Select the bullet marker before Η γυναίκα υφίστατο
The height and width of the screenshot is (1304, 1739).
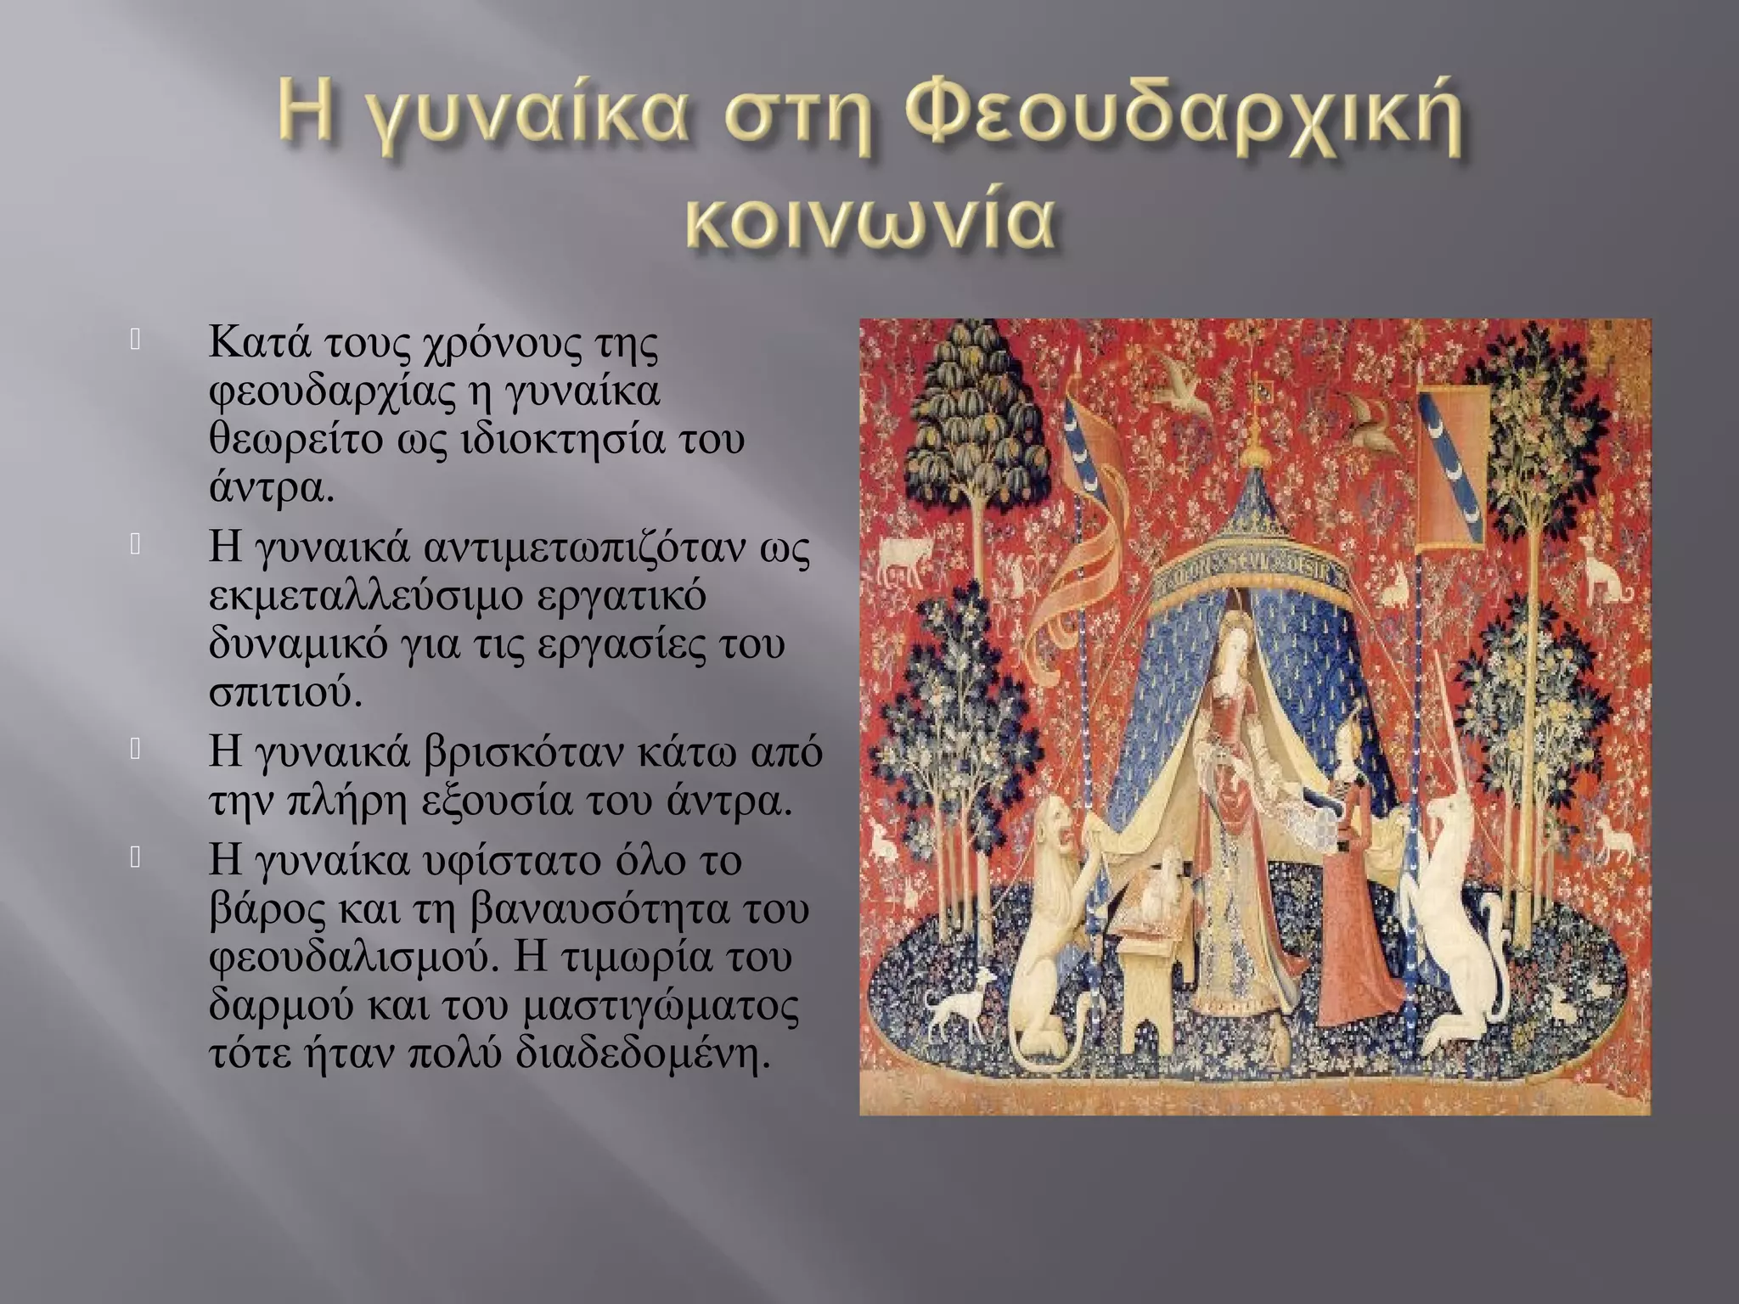point(135,858)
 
